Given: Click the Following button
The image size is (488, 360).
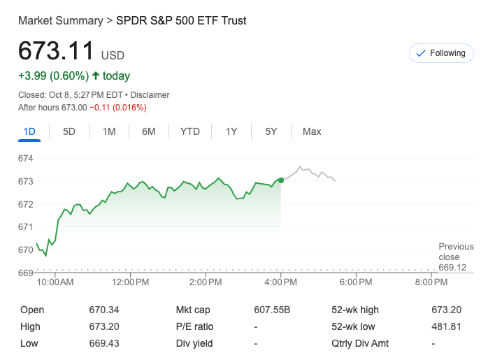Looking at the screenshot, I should click(x=440, y=53).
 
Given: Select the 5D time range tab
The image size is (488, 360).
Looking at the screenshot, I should click(x=69, y=131).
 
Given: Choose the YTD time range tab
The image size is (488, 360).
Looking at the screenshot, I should click(x=189, y=131).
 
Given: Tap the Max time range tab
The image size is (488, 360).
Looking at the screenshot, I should click(x=312, y=131).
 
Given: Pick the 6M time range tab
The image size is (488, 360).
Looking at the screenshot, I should click(x=148, y=131).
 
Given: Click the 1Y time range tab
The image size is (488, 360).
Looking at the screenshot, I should click(x=231, y=131).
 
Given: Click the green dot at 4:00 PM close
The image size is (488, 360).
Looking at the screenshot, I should click(x=281, y=180).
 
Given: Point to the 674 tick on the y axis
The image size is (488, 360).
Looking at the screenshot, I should click(x=26, y=159).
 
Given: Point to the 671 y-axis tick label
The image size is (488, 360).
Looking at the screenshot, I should click(x=26, y=226).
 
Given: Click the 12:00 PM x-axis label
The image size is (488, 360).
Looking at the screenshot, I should click(x=130, y=282).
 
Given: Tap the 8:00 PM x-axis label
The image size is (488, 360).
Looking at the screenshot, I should click(x=431, y=282).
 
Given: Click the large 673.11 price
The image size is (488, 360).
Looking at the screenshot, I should click(x=56, y=52).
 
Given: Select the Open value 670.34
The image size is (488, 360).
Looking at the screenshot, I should click(x=104, y=310).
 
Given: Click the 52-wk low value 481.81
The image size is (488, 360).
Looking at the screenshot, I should click(x=446, y=326).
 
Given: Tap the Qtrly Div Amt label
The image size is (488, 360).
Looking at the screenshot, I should click(x=360, y=343).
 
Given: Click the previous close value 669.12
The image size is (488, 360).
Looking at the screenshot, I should click(x=452, y=267).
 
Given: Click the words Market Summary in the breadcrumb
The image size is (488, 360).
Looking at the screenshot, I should click(x=60, y=20).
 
